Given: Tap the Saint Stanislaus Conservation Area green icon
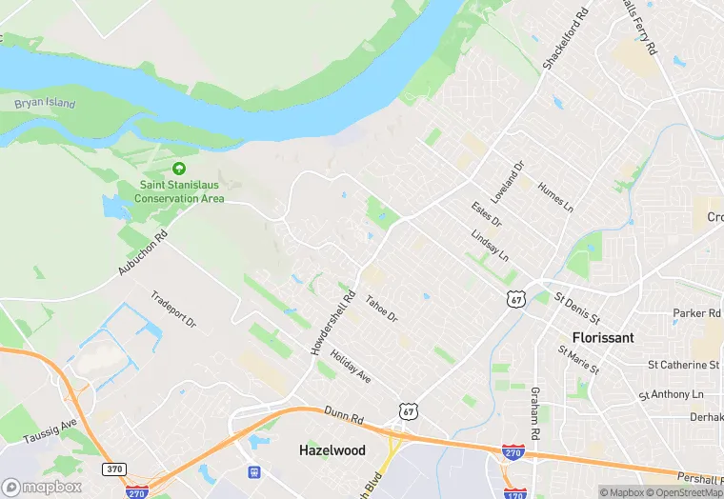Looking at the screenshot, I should click(x=178, y=170).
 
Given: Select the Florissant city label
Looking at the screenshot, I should click(x=603, y=337).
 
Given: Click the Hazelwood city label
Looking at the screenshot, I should click(x=332, y=449).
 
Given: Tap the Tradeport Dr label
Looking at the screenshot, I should click(x=172, y=309).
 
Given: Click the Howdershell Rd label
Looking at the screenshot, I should click(x=332, y=324).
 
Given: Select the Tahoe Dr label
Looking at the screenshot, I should click(x=381, y=305).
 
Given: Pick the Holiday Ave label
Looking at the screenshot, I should click(x=350, y=367).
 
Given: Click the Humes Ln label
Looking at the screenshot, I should click(x=556, y=197).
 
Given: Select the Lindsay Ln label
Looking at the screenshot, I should click(x=490, y=246).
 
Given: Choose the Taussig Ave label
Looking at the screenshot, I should click(x=55, y=428).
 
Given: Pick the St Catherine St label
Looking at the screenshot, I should click(x=683, y=365).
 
